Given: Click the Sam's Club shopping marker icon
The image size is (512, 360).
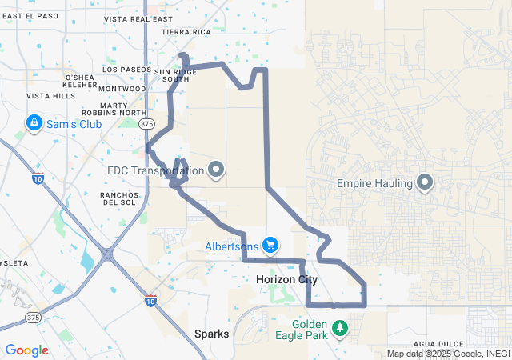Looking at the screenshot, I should point(34,123).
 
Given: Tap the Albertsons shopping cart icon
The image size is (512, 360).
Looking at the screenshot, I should point(270,245).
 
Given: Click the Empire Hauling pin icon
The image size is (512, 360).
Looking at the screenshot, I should point(425,183).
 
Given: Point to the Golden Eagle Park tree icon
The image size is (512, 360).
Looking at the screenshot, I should point(340,328).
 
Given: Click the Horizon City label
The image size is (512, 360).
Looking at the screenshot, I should point(286,280).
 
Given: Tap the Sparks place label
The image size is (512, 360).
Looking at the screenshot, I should point(212,334).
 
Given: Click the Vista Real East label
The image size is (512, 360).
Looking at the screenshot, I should point(138,18).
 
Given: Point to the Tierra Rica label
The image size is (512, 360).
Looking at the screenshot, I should point(186,32).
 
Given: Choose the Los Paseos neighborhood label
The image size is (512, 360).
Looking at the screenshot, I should point(126,70).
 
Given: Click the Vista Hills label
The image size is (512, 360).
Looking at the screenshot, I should point(50,96).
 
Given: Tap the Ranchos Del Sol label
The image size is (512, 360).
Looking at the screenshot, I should point(118,198).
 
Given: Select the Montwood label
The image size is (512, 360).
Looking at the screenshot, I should point(122,89).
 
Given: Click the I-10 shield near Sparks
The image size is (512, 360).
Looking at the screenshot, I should point(150,300).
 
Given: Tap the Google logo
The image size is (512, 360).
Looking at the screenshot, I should point(26,350).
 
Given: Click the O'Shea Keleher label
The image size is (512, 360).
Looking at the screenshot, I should point(80,81).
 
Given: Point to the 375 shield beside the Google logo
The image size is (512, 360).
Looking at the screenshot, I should point(34,318).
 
